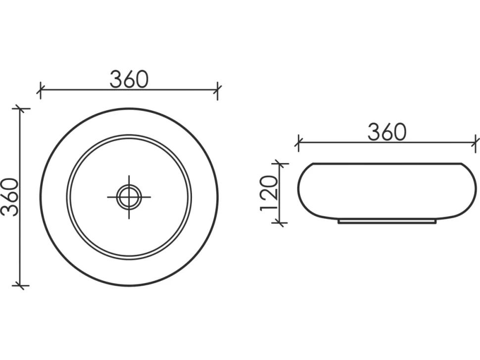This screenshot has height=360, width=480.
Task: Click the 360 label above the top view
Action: [x=129, y=79]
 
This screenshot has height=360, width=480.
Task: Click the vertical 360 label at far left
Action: [x=10, y=197]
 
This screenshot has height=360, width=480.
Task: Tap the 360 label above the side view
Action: [x=387, y=132]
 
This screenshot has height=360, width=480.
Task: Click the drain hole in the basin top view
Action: [x=129, y=197]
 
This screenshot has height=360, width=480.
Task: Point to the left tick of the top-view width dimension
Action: [x=41, y=90]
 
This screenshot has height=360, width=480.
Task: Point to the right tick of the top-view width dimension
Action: [x=217, y=90]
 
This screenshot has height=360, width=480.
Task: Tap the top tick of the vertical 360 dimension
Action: [x=20, y=109]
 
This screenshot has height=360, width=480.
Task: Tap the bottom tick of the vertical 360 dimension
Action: [x=20, y=286]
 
